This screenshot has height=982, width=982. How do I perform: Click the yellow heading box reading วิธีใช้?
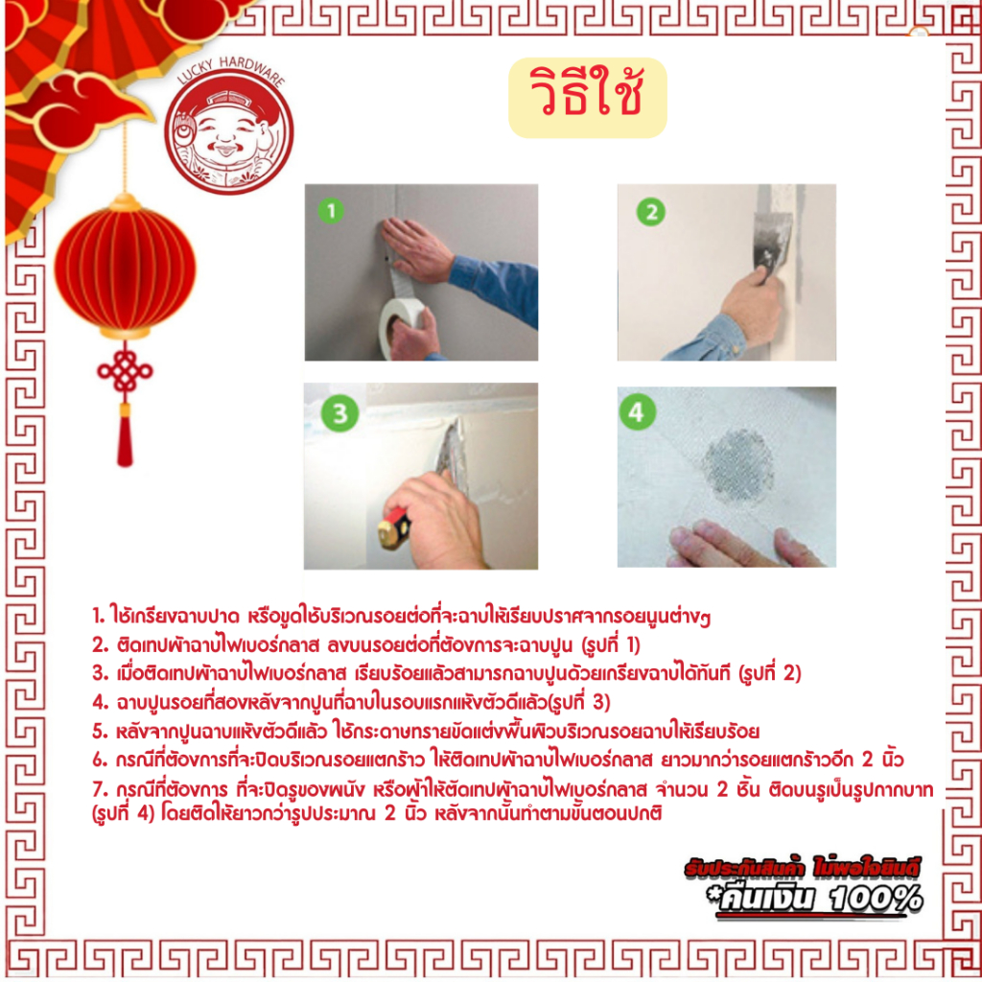tap(588, 98)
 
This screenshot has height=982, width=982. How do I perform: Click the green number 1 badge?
tap(331, 211)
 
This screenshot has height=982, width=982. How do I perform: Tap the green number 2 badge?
tap(651, 212)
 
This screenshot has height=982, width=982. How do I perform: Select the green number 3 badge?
tap(339, 413)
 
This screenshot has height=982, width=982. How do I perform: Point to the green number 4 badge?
tap(637, 412)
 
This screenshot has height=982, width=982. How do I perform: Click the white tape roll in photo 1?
tap(401, 328)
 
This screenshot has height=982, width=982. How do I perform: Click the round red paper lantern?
tap(125, 267)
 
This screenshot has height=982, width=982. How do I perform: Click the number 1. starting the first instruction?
tap(99, 616)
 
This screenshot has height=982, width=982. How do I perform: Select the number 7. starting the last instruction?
tap(100, 789)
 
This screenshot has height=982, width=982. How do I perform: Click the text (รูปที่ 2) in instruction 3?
tap(770, 674)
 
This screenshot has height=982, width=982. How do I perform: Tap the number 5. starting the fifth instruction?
tap(100, 731)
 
